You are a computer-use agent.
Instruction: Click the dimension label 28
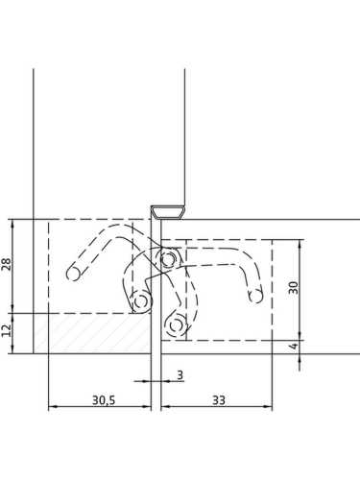tap(7, 264)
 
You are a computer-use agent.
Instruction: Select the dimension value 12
tap(7, 330)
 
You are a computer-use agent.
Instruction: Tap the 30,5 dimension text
tap(104, 400)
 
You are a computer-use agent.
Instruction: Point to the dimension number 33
tap(219, 400)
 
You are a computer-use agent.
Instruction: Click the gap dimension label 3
tap(180, 374)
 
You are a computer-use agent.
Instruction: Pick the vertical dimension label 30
tap(293, 287)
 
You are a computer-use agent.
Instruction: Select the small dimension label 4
tap(294, 346)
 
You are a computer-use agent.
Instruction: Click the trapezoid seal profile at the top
tap(168, 212)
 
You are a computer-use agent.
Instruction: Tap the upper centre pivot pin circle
tap(168, 258)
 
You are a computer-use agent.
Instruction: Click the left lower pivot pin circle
tap(140, 301)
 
